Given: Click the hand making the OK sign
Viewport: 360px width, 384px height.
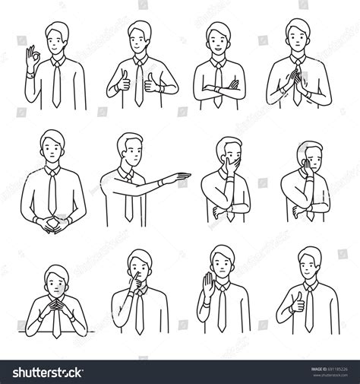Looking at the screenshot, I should point(31,58).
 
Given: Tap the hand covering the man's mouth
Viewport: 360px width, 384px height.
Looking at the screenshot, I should point(224,163).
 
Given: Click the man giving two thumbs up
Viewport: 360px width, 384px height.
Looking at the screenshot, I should point(139,68).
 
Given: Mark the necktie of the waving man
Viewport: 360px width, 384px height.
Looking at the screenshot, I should point(221,311).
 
